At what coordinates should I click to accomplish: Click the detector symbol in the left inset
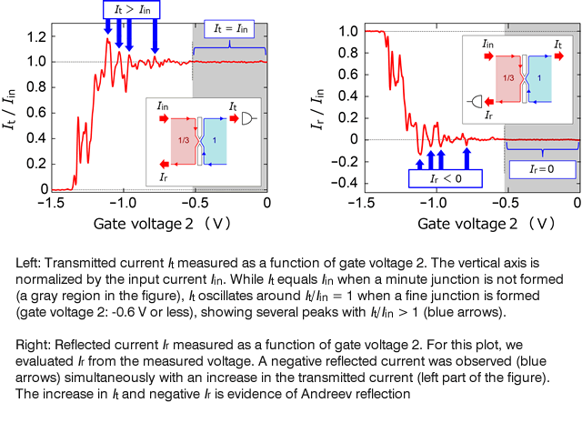[248, 118]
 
